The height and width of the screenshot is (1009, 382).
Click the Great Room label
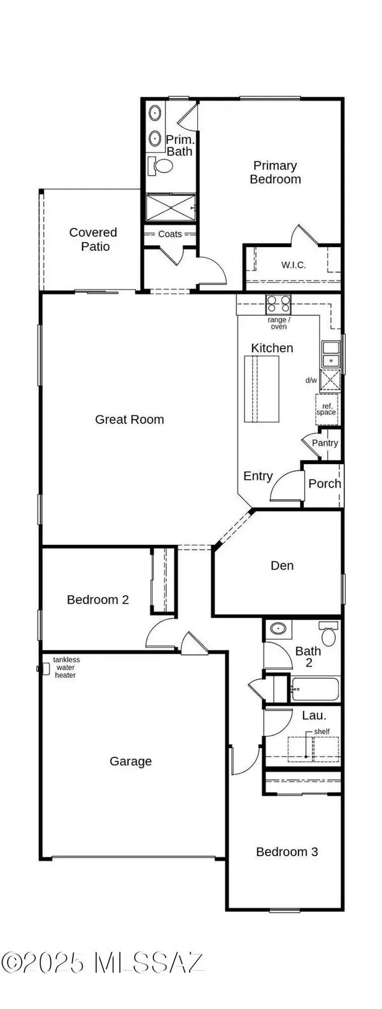[x=129, y=420]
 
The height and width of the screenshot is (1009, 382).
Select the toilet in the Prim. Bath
[x=161, y=167]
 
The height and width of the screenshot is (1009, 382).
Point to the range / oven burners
[x=278, y=302]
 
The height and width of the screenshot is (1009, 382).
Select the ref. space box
[x=327, y=409]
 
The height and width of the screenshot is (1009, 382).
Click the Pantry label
[x=325, y=443]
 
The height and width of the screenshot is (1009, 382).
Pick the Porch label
[x=324, y=484]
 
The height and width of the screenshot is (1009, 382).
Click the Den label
[x=282, y=565]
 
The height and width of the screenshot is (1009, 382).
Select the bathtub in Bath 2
[x=315, y=689]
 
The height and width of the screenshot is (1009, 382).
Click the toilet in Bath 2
[x=329, y=634]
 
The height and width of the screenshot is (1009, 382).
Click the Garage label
[x=131, y=761]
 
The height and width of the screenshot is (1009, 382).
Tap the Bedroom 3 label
[x=286, y=852]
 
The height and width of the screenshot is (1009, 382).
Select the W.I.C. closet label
[x=293, y=265]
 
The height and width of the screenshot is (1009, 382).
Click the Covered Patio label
[x=94, y=240]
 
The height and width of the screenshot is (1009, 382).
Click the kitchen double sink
[x=330, y=354]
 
